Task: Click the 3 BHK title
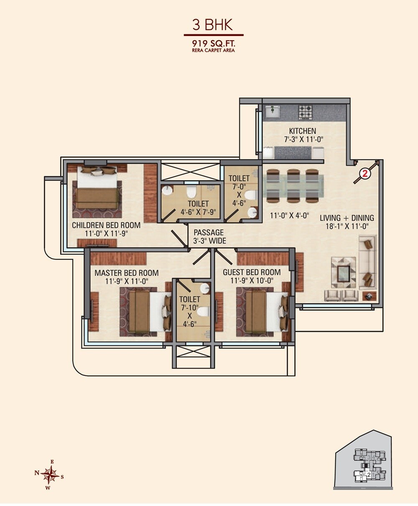coord(212,25)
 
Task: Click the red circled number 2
coord(364,174)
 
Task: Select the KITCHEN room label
coord(302,131)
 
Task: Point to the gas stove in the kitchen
coord(305,112)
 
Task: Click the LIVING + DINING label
coord(347,218)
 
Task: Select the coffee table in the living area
coord(344,274)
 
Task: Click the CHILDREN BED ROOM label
coord(106,225)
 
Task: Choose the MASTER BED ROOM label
coord(126,273)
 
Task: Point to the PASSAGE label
coord(209,232)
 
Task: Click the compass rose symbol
coord(50,475)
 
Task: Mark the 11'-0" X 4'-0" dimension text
coord(289,216)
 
